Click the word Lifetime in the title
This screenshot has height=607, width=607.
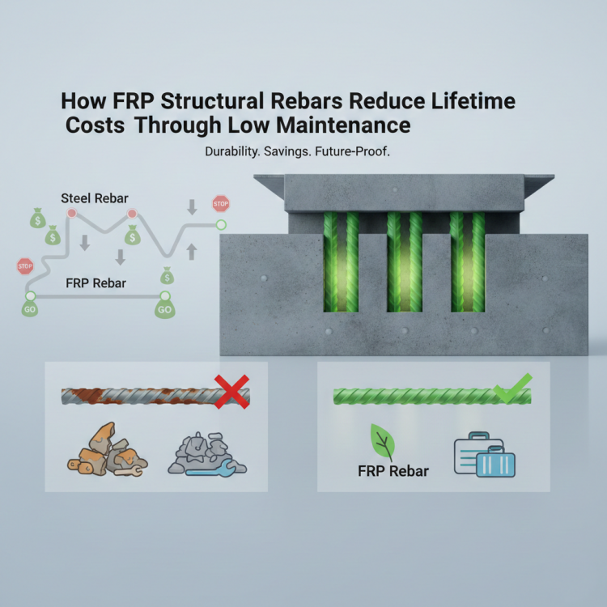469,103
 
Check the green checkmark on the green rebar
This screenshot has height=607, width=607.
513,388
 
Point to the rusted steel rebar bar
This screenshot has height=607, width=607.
146,396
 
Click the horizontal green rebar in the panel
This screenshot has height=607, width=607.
421,396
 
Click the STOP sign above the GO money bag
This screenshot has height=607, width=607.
25,265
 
